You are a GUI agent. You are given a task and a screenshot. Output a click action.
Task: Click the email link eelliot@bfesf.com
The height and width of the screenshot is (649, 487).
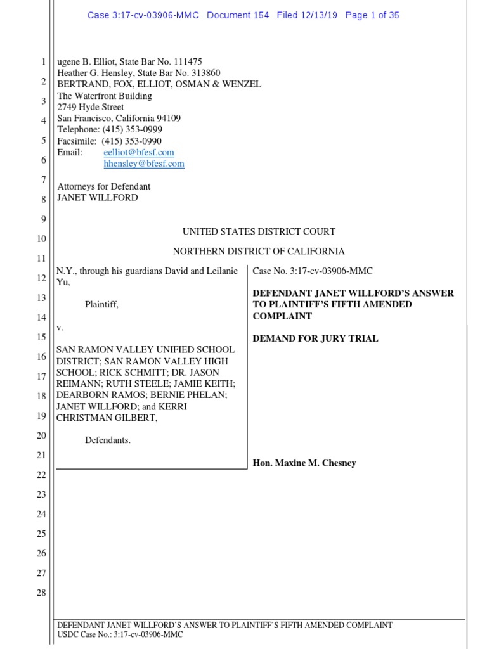pyautogui.click(x=139, y=153)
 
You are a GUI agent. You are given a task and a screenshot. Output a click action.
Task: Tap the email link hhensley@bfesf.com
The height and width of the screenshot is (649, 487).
pyautogui.click(x=144, y=164)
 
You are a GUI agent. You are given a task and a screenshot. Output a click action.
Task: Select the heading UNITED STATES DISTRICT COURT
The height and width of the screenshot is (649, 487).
pyautogui.click(x=259, y=232)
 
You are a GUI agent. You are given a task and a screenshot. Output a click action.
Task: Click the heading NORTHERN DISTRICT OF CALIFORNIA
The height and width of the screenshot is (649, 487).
pyautogui.click(x=259, y=252)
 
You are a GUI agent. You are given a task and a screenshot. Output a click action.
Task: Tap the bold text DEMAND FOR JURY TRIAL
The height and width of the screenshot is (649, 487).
pyautogui.click(x=315, y=338)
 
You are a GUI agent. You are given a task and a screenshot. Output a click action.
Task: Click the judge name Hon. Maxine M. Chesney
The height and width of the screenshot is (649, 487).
pyautogui.click(x=304, y=463)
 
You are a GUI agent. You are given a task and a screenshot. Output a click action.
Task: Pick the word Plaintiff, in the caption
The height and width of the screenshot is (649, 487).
pyautogui.click(x=101, y=304)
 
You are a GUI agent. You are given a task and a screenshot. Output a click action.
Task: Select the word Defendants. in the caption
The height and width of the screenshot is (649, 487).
pyautogui.click(x=108, y=440)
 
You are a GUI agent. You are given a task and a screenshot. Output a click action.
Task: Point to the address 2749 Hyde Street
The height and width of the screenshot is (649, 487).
pyautogui.click(x=91, y=107)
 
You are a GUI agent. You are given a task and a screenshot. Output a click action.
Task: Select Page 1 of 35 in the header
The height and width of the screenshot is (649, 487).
pyautogui.click(x=372, y=15)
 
